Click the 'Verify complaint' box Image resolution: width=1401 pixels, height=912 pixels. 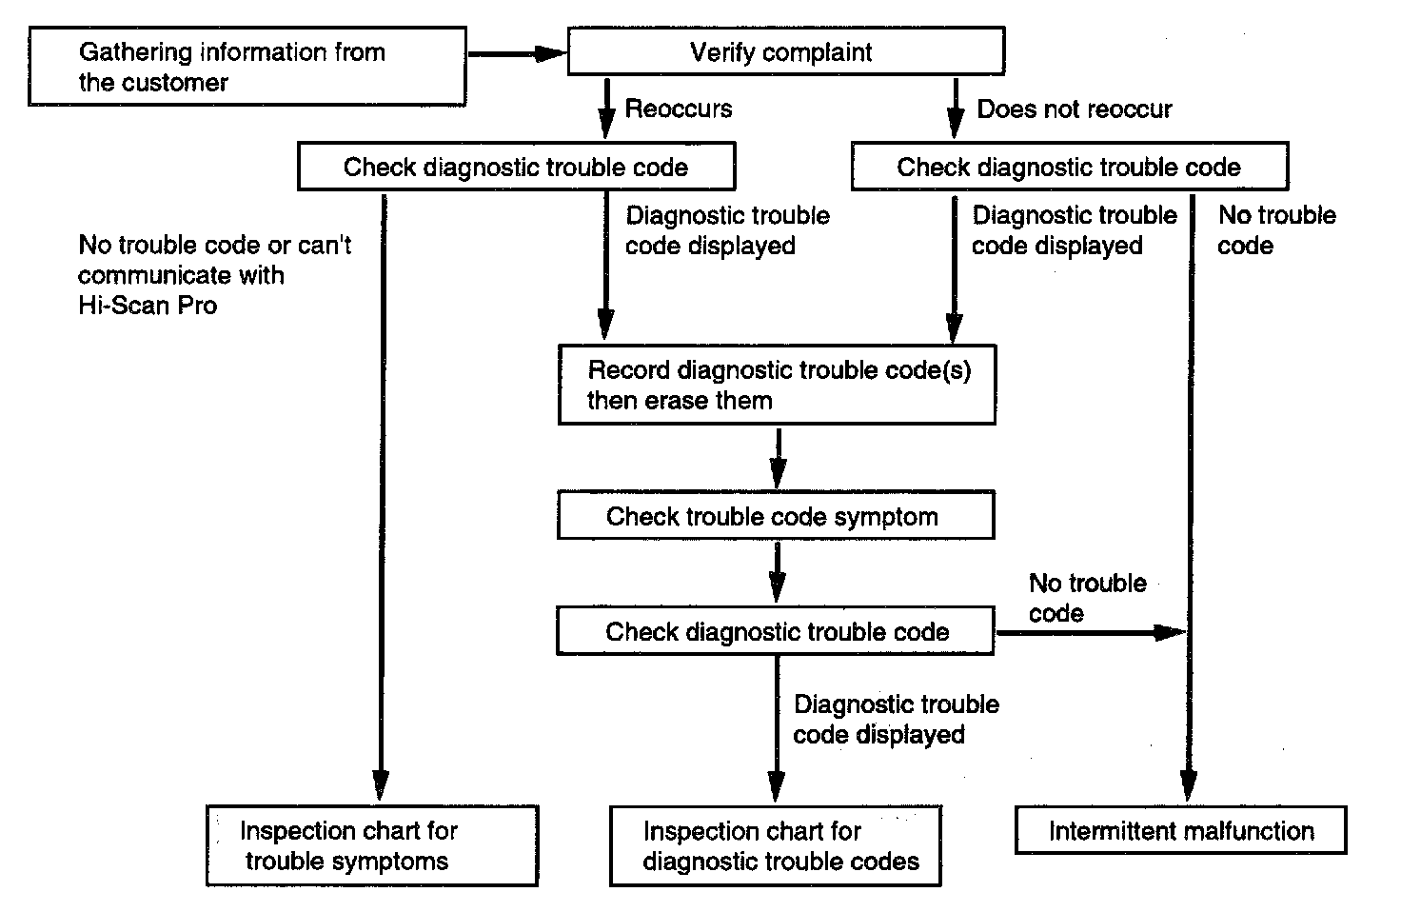coord(786,51)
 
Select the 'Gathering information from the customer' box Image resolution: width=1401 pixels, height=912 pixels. coord(247,67)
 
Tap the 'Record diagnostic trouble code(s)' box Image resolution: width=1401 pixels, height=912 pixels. coord(777,385)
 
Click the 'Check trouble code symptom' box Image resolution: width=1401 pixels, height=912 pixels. coord(776,515)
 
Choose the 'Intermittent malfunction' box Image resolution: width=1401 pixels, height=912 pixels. coord(1181,831)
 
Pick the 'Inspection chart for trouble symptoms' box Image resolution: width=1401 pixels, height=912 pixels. coord(372,845)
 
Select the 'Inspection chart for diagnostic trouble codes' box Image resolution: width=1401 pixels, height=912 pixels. coord(776,846)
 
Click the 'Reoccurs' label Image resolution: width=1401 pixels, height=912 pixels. coord(679,109)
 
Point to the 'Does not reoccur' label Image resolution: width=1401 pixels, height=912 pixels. coord(1075,109)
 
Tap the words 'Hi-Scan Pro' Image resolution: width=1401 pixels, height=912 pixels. coord(148,306)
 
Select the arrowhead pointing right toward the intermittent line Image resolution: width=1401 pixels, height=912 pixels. coord(1170,632)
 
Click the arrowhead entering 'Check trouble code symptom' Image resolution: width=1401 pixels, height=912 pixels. coord(778,473)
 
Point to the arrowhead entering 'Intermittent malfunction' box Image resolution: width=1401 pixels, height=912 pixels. coord(1189,786)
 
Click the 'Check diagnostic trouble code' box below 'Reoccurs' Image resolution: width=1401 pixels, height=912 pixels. coord(517,167)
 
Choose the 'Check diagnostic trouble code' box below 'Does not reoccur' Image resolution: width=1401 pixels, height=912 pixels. coord(1070,167)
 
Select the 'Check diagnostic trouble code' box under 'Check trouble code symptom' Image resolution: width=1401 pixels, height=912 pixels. coord(776,631)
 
